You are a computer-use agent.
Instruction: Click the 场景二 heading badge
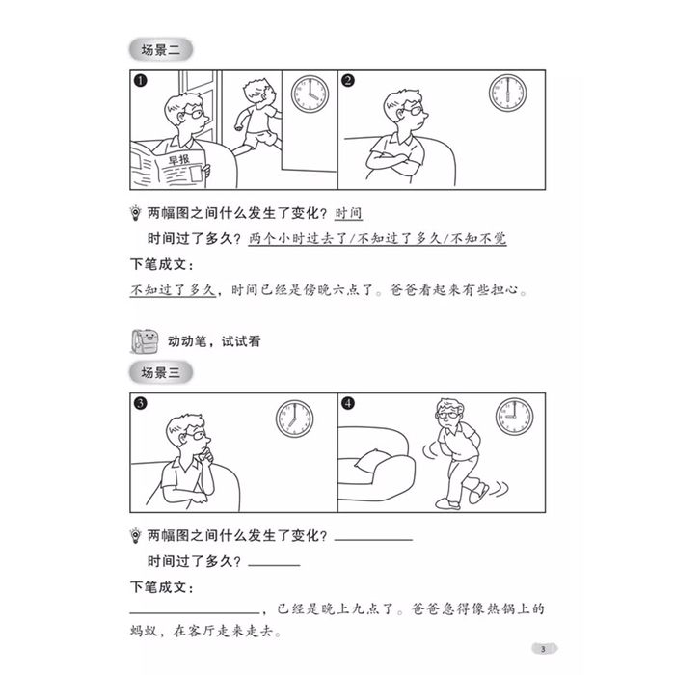pos(161,50)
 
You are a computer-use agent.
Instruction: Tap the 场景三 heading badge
pos(161,372)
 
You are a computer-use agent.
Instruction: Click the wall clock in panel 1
pos(310,94)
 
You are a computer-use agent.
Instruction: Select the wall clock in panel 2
pos(507,93)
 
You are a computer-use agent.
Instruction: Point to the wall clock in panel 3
pos(294,418)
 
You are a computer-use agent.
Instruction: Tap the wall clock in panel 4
pos(514,417)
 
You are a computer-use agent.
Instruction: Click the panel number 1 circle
pos(141,80)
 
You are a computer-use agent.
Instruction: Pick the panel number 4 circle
pos(348,403)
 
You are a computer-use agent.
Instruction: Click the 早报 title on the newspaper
pos(179,160)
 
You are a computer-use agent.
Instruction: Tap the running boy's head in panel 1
pos(258,93)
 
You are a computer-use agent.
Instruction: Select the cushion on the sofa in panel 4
pos(372,459)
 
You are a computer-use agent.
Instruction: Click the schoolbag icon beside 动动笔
pos(145,341)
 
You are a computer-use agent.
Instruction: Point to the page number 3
pos(543,649)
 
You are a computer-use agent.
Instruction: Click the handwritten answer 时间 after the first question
pos(348,213)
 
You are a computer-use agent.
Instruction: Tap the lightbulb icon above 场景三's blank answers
pos(136,535)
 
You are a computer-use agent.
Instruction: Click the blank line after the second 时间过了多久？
pos(274,564)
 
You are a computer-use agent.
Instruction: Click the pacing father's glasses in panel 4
pos(446,415)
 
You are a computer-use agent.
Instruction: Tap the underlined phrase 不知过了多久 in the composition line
pos(173,289)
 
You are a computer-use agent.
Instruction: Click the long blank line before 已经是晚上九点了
pos(195,612)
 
